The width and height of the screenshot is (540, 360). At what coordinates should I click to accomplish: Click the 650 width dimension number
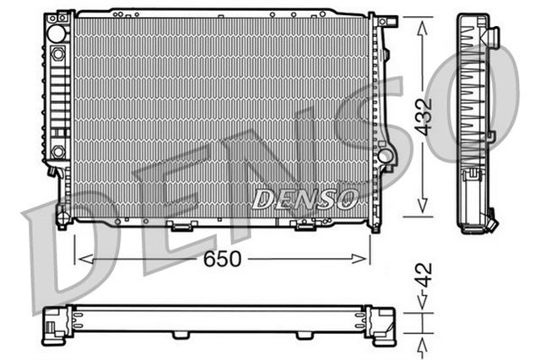coord(222,260)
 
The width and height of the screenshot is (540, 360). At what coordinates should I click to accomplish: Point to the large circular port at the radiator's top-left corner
coord(57,33)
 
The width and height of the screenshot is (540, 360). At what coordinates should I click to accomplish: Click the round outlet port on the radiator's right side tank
coord(385,156)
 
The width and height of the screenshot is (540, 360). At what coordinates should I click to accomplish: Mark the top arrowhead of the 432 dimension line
coord(422,22)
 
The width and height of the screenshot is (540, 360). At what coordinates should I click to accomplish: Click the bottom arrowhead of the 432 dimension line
coord(422,211)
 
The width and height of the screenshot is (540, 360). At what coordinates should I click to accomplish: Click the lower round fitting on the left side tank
coord(58,151)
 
